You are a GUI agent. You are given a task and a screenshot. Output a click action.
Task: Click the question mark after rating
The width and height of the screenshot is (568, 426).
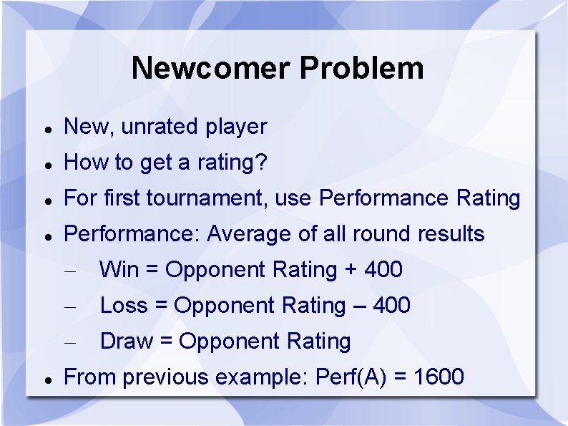[262, 163]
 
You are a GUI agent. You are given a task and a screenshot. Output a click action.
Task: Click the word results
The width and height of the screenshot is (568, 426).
[451, 234]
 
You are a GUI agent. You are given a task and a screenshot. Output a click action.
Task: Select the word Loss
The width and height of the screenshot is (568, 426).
[124, 306]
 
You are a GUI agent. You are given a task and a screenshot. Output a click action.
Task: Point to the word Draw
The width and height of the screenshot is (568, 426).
[126, 342]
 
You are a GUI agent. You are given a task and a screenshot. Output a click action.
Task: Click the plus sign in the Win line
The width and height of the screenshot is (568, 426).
[351, 270]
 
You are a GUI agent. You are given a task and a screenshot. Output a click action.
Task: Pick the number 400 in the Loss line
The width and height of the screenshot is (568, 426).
[391, 306]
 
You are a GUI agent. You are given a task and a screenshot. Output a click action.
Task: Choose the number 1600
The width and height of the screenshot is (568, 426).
[438, 377]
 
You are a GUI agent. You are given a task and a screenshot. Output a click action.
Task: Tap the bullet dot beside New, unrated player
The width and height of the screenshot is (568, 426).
[46, 129]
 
